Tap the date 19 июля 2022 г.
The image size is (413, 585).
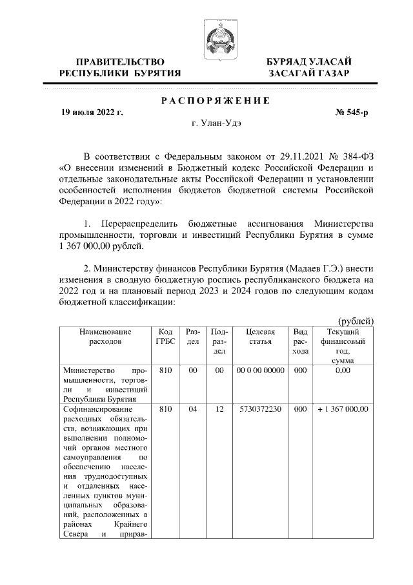click(92, 112)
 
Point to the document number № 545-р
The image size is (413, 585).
click(352, 112)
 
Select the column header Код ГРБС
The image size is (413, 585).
click(165, 337)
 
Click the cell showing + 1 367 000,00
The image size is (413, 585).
click(343, 409)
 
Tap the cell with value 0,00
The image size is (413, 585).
click(343, 371)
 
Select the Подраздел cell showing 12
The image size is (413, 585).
click(219, 409)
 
